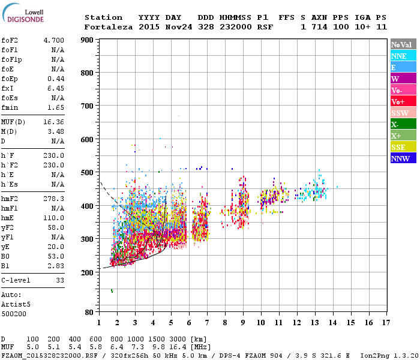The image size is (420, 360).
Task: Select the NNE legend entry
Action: coord(403,56)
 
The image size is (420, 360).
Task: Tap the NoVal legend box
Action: coord(403,44)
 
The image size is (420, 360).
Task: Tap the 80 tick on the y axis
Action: coord(89,312)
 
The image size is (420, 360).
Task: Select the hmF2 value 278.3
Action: coord(53,199)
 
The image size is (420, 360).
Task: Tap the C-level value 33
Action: coord(59,280)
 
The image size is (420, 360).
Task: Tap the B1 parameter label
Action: coord(5,266)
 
